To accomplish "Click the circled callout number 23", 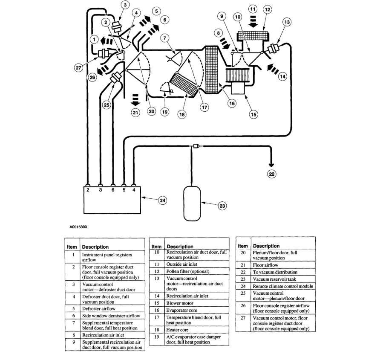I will tap(222, 206).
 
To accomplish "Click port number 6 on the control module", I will tap(113, 190).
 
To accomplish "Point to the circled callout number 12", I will tap(268, 9).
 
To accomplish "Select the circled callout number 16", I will tap(232, 104).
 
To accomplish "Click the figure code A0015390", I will tap(79, 227).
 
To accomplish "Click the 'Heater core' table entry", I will tap(178, 329).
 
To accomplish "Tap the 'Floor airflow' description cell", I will tap(265, 264).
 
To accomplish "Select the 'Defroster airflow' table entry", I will tap(100, 308).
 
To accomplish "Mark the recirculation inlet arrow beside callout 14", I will tap(272, 70).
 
